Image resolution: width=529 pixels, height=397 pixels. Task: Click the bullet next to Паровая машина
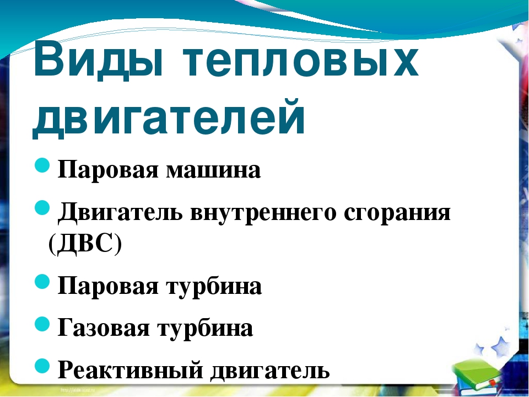(x=42, y=165)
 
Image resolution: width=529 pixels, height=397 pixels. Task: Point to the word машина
(x=213, y=170)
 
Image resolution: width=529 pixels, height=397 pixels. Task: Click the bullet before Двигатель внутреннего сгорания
(x=42, y=207)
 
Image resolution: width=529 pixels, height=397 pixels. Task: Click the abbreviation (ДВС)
(x=85, y=243)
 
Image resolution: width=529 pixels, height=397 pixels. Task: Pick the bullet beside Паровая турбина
(x=42, y=281)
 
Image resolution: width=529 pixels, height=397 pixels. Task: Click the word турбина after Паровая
(x=214, y=287)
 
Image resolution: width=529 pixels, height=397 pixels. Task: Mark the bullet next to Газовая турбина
(x=42, y=324)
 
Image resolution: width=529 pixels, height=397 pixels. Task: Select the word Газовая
(x=104, y=328)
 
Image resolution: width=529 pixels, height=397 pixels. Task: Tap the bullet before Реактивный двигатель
(x=42, y=366)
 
